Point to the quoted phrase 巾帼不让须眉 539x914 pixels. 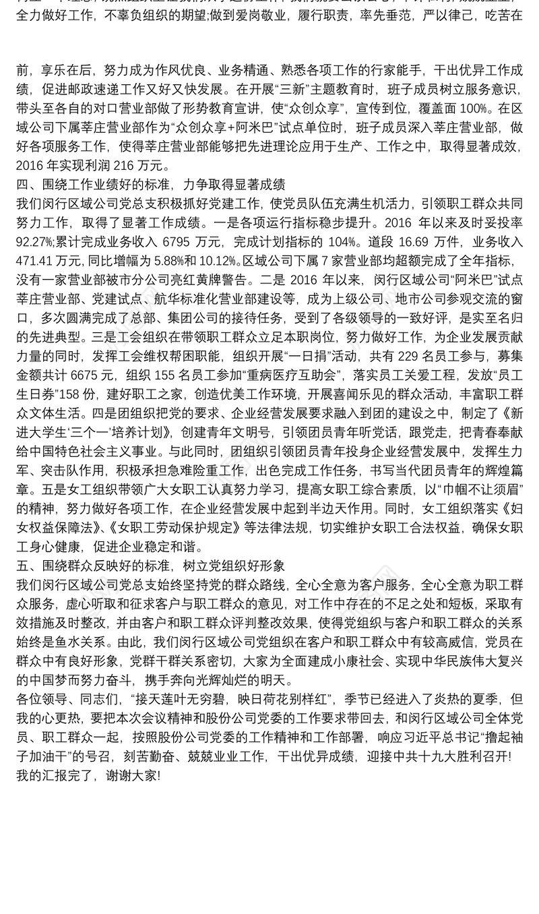[481, 507]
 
